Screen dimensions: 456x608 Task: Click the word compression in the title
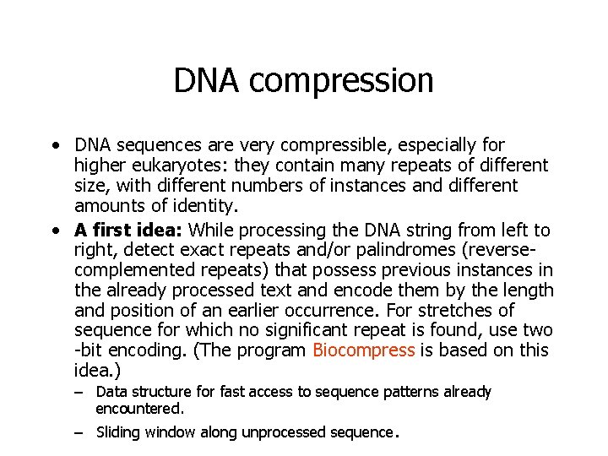click(342, 81)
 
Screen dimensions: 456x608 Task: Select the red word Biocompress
click(363, 350)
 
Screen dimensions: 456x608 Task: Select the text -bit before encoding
click(90, 350)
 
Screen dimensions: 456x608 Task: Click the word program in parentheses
click(276, 350)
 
